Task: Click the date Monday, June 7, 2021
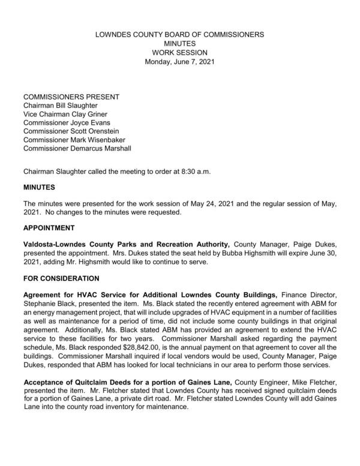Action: click(180, 62)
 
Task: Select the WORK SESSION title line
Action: click(180, 53)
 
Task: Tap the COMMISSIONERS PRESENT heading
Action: click(71, 97)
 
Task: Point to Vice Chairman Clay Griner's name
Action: click(66, 114)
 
